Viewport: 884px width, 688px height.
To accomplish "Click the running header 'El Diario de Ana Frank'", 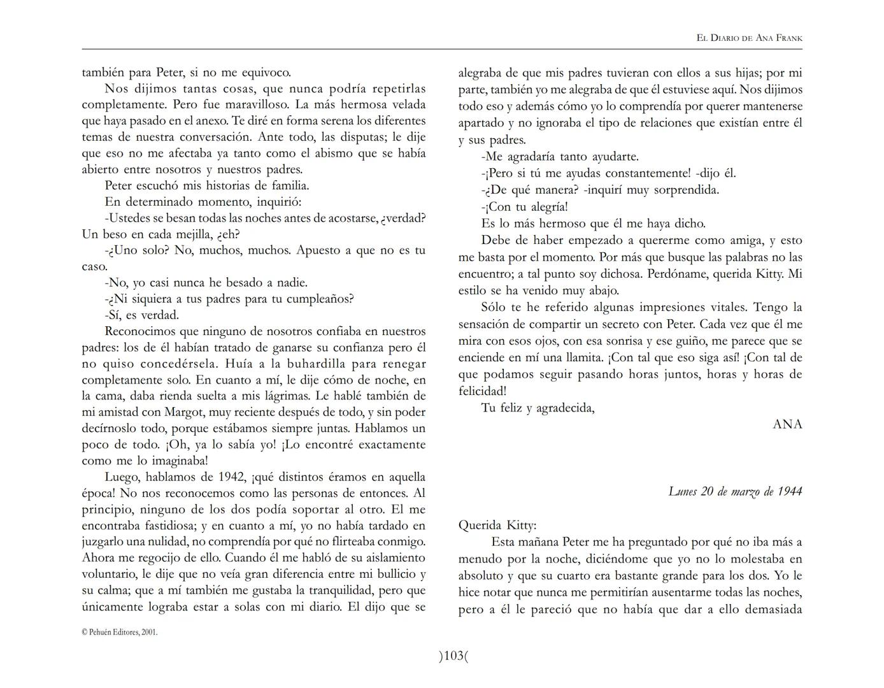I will click(749, 38).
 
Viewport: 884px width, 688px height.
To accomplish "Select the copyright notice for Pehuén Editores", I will click(120, 632).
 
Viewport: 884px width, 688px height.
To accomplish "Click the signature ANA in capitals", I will click(787, 424).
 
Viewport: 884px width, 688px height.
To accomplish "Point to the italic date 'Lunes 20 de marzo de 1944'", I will click(735, 491).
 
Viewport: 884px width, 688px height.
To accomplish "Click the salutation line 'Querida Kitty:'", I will click(497, 526).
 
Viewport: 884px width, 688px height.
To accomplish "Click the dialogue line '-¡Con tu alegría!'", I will click(525, 207).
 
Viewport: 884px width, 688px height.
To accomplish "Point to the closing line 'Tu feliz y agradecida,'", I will click(538, 408).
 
